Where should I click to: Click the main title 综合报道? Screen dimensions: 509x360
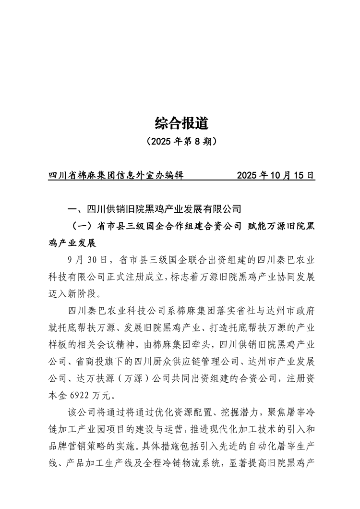pyautogui.click(x=181, y=123)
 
